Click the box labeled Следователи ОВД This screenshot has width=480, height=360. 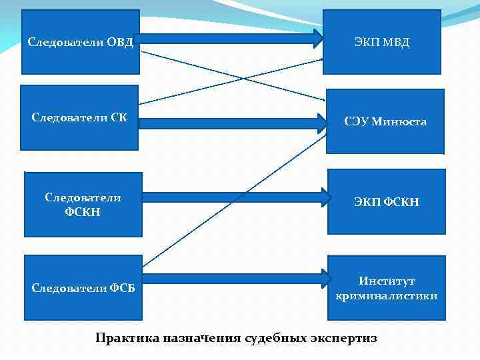80,41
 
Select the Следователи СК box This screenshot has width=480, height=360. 79,117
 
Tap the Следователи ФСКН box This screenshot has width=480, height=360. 83,205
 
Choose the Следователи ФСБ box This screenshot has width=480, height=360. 83,287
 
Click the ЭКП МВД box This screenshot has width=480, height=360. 382,42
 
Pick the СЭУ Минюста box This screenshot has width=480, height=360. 385,121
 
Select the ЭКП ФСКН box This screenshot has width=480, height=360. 386,201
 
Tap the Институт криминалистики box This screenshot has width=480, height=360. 387,287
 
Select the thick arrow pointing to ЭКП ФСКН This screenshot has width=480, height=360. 237,197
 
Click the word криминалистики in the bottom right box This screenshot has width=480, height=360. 387,295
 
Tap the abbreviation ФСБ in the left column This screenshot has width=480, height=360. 122,288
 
